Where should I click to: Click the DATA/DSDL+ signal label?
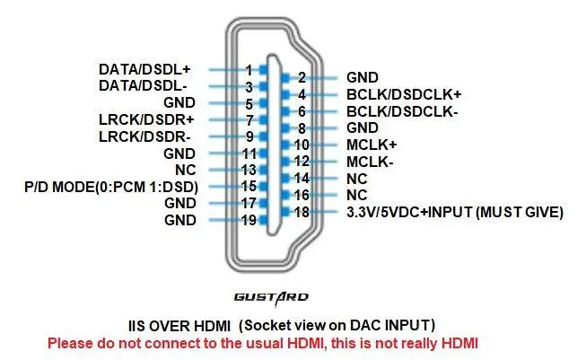144,69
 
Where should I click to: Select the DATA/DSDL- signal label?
143,86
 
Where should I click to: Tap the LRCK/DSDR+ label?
146,119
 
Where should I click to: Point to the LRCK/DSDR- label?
144,136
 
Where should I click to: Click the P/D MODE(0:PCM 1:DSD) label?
111,187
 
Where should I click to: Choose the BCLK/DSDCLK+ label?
404,94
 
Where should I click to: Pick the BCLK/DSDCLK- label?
402,111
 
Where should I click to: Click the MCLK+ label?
372,145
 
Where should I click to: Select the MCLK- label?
370,162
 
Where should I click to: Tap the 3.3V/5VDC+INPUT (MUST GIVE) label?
455,213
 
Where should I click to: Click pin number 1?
249,70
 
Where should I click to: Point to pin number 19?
249,220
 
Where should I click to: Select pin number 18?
302,212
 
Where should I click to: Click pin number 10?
302,145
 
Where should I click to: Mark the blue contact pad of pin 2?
286,78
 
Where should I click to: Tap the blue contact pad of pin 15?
264,186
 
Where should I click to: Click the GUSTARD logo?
271,297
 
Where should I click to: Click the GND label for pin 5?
179,103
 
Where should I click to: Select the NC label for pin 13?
186,170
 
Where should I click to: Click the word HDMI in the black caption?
213,326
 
